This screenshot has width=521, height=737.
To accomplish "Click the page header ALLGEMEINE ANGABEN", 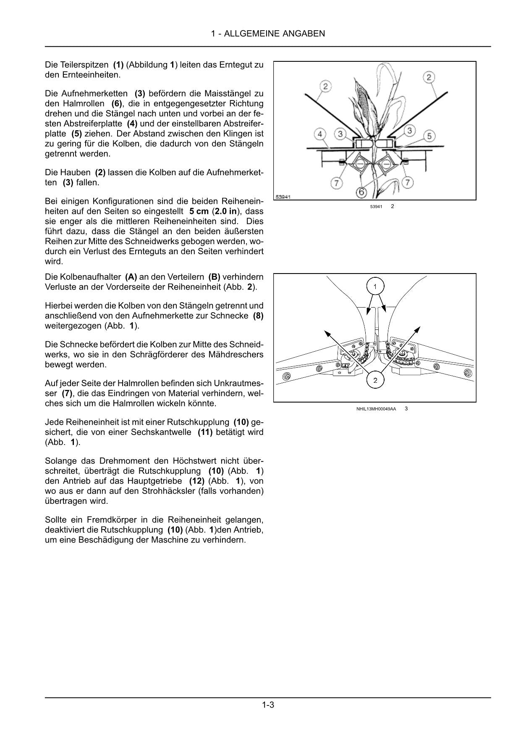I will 268,34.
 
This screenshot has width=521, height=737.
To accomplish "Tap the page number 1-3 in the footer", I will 268,705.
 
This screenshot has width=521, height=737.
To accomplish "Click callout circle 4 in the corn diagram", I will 320,134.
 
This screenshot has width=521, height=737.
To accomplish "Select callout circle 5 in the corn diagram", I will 429,136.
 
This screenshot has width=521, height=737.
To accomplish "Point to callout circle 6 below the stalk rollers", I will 361,192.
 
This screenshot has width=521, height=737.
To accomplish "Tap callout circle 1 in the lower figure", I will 375,287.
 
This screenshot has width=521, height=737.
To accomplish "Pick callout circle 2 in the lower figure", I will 375,381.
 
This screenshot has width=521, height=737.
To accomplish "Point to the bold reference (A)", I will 131,277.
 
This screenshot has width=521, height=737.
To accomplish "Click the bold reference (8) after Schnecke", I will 258,316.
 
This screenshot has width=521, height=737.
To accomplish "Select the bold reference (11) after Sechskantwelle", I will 205,432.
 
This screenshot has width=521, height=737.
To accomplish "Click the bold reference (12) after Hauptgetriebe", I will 196,481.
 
